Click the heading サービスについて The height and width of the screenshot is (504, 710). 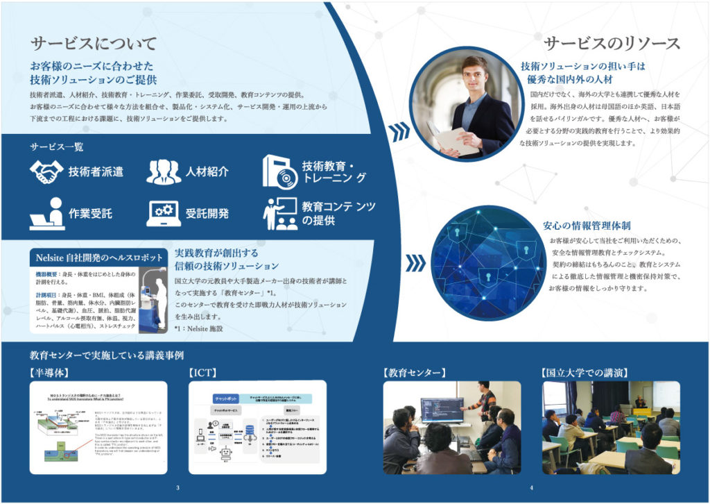coord(94,44)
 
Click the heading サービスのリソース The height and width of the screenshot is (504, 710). coord(612,44)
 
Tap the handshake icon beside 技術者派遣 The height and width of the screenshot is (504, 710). coord(46,171)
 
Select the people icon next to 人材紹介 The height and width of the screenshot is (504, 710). coord(164,171)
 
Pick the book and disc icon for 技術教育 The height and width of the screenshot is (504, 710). coord(279,171)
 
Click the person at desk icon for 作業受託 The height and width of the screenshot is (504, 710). coord(46,213)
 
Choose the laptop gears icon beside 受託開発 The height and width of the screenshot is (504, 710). coord(164,213)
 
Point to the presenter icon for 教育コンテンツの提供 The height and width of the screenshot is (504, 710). coord(279,213)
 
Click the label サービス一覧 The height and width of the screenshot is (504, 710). coord(56,147)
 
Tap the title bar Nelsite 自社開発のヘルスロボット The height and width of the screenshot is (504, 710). coord(99,258)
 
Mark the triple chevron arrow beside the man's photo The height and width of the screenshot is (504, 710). coord(399,129)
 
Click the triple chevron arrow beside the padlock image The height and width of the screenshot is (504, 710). coord(415,263)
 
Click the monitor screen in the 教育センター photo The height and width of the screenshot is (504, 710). coord(442,410)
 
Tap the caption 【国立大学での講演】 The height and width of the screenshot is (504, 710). coord(587,372)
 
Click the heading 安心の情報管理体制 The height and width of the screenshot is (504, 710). coord(587,226)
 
